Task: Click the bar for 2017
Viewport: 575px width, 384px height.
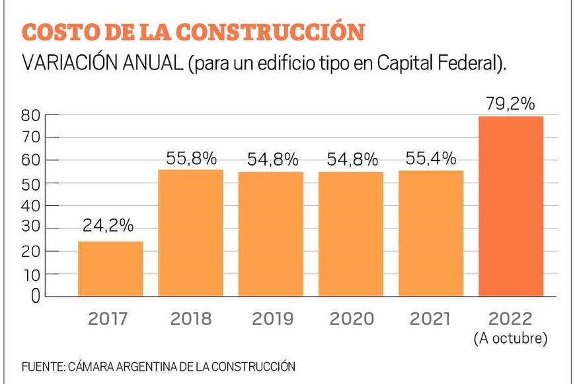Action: click(110, 268)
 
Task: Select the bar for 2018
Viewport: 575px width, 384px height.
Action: click(191, 232)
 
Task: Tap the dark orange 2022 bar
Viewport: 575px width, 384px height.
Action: click(511, 206)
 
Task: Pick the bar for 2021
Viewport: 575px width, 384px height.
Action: click(431, 233)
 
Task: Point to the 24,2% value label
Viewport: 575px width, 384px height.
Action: click(108, 226)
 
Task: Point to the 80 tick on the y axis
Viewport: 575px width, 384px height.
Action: click(33, 115)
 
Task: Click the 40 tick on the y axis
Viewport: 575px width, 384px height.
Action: click(33, 206)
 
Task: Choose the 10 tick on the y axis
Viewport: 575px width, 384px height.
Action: click(33, 274)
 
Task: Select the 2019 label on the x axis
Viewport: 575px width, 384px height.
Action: click(272, 318)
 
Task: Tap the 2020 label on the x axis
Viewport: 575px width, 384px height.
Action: click(352, 318)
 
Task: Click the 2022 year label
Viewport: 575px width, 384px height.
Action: click(511, 318)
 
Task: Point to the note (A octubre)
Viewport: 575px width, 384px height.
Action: click(511, 338)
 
